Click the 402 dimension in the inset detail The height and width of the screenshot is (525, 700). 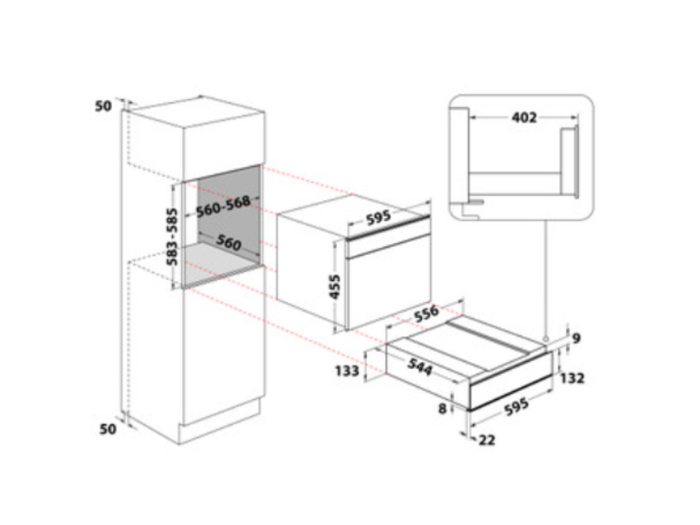(524, 118)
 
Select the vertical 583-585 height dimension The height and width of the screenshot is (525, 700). (172, 237)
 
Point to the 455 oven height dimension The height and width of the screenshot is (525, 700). (334, 286)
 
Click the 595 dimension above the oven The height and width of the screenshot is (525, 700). (378, 217)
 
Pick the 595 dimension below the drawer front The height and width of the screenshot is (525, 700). (517, 406)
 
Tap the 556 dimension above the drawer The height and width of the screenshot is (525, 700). (427, 313)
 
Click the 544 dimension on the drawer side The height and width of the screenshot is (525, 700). (420, 367)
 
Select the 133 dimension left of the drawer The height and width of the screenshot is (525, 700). (347, 371)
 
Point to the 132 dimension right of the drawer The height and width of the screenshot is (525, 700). (572, 378)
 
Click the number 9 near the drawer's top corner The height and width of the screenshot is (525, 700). (576, 338)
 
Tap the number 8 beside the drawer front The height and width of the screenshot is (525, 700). (442, 409)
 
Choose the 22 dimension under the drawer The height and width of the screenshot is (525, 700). (487, 440)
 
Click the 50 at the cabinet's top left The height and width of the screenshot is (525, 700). (103, 106)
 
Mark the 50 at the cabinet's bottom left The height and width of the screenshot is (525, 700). (107, 429)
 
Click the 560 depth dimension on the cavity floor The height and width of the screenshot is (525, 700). (228, 243)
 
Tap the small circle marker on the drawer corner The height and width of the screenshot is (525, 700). (545, 340)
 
